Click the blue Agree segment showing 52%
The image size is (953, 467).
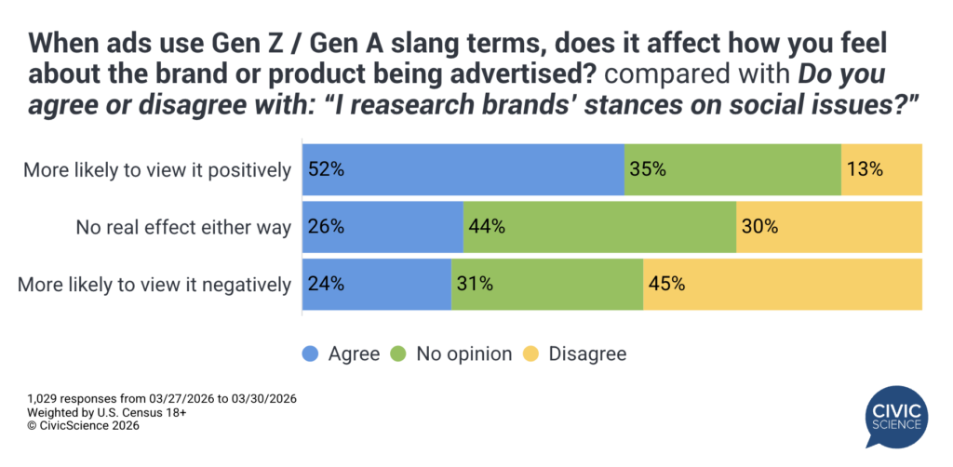tap(463, 169)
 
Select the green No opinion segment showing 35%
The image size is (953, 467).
tap(732, 169)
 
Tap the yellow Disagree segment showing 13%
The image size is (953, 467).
tap(881, 169)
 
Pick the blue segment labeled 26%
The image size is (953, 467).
tap(383, 226)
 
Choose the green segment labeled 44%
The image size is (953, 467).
tap(599, 226)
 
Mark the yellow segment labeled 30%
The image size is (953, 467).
tap(829, 226)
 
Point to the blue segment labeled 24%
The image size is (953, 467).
tap(377, 284)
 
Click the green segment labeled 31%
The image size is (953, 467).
tap(547, 284)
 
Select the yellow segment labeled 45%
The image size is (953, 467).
tap(783, 284)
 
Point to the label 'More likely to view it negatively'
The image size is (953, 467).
tap(154, 285)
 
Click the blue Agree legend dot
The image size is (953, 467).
tap(310, 354)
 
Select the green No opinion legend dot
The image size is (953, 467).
tap(398, 354)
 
